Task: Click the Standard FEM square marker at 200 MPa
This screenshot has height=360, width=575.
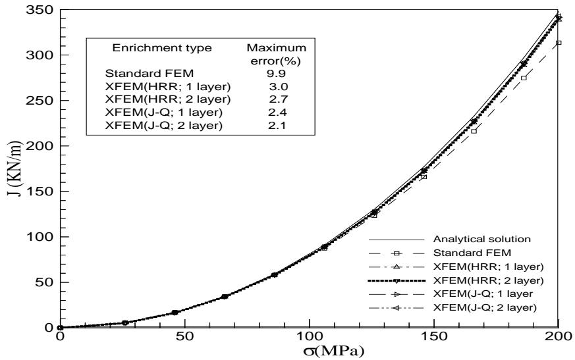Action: [x=559, y=43]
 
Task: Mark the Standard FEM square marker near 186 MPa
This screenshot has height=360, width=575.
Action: [x=524, y=78]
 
